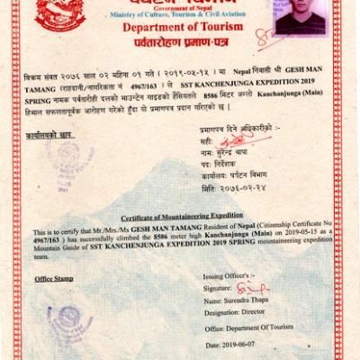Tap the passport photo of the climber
[x=299, y=17]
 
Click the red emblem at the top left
[x=60, y=13]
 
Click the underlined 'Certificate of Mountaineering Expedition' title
[x=182, y=216]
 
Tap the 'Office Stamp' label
[x=54, y=279]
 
